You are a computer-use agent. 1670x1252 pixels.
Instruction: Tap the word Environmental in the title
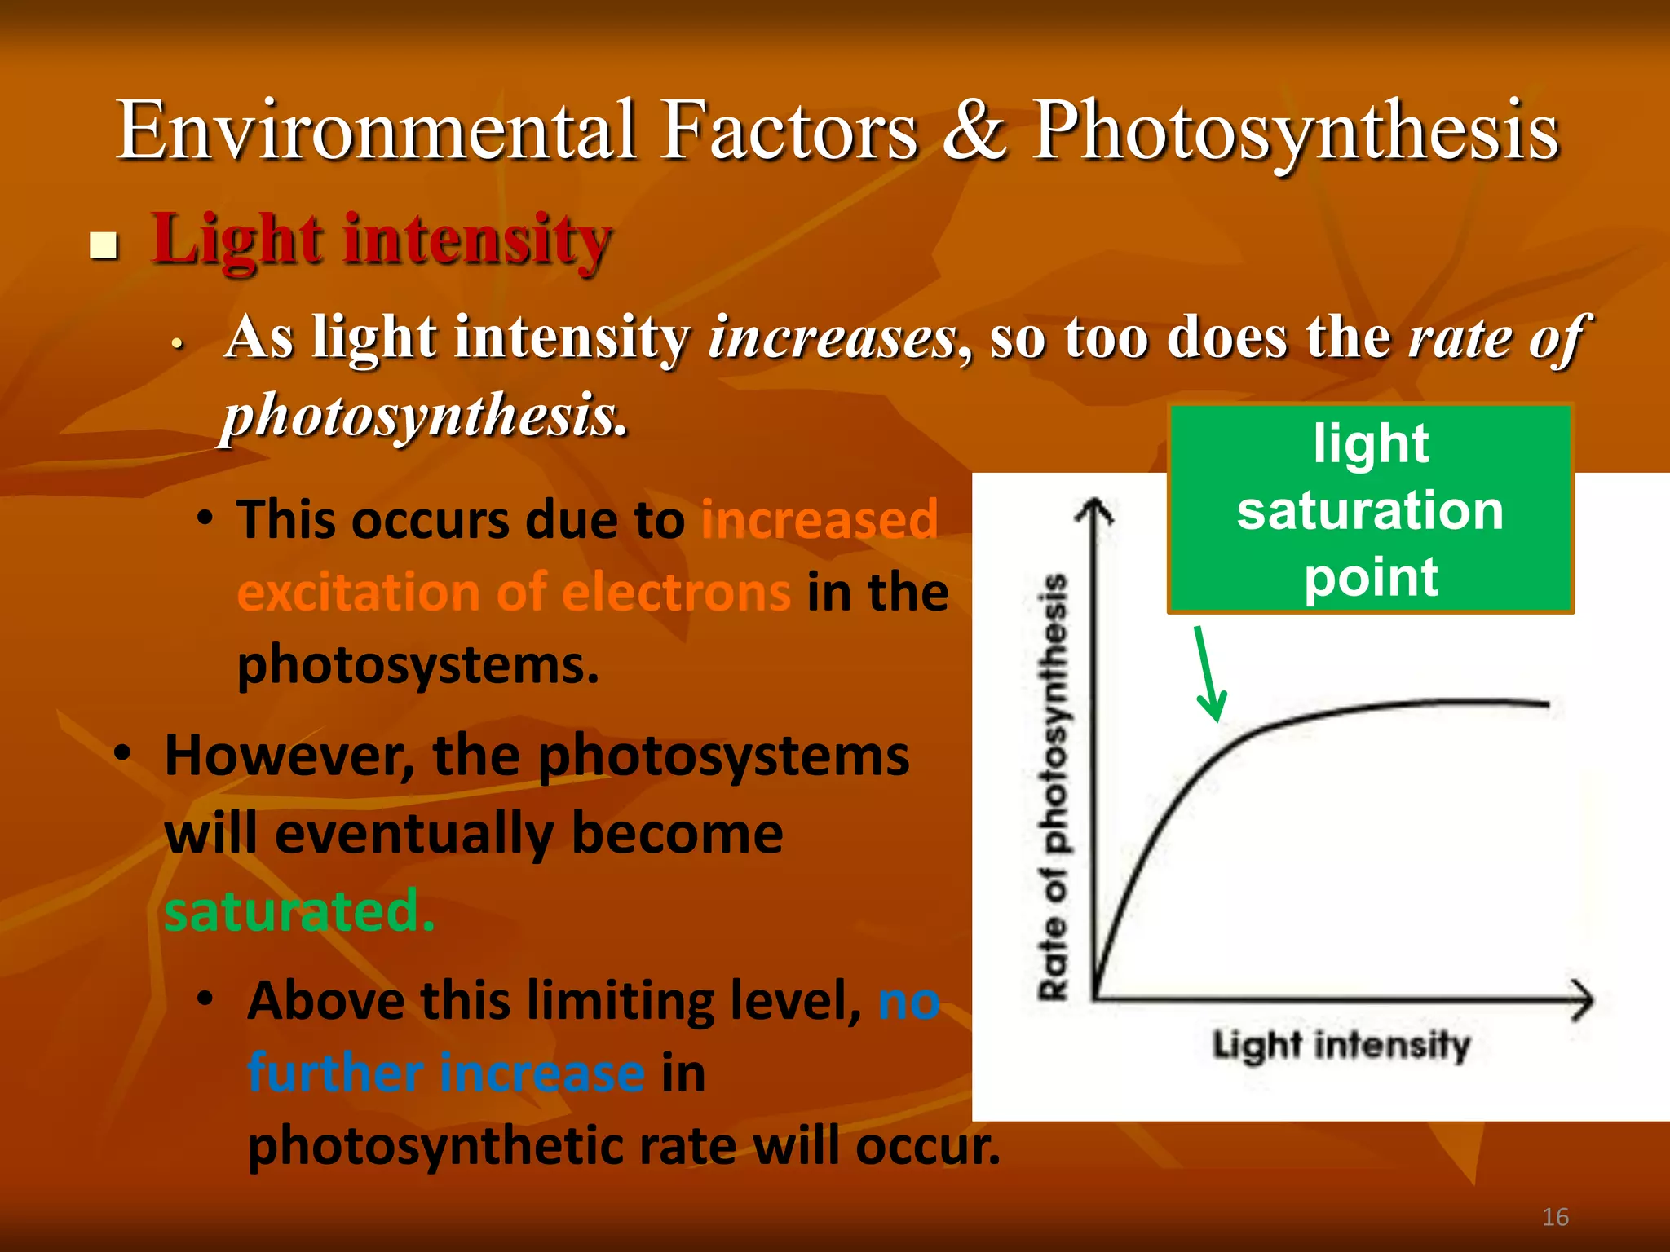375,130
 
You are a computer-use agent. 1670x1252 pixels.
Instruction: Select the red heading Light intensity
382,240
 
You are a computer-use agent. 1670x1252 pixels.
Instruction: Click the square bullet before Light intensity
104,245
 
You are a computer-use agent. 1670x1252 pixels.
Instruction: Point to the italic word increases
833,337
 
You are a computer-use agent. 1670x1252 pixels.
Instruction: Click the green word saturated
298,910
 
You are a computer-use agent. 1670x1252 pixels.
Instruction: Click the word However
289,756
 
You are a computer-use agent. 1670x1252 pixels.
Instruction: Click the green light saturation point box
1370,509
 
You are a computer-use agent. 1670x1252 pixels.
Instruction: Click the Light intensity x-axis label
1341,1046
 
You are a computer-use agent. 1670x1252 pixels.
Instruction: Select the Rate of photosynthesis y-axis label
1054,787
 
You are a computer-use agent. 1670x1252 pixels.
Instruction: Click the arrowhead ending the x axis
1582,999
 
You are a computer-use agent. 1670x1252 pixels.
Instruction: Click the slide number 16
1555,1217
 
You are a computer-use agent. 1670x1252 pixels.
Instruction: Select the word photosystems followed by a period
417,666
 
